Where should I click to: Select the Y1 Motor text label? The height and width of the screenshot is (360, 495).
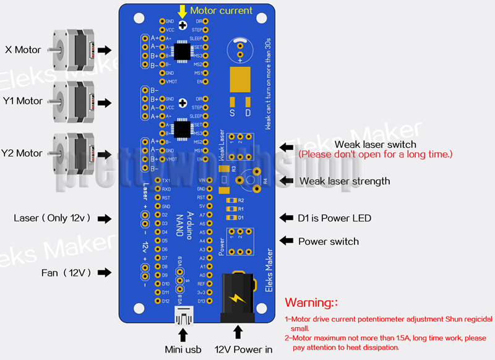click(x=23, y=101)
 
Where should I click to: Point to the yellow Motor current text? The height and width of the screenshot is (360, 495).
click(x=221, y=11)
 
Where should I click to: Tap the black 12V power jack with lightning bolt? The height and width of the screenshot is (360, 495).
click(x=238, y=298)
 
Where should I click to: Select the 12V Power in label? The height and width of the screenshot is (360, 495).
click(x=243, y=349)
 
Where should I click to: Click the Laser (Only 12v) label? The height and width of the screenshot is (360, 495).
click(x=52, y=218)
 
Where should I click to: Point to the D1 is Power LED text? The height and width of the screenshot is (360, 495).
click(x=335, y=218)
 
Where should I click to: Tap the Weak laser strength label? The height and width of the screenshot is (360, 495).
click(x=345, y=181)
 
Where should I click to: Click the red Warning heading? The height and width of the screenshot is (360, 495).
click(x=311, y=302)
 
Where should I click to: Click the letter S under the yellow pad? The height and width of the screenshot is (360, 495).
click(x=232, y=113)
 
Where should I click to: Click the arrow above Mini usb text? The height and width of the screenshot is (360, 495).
click(x=183, y=335)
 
